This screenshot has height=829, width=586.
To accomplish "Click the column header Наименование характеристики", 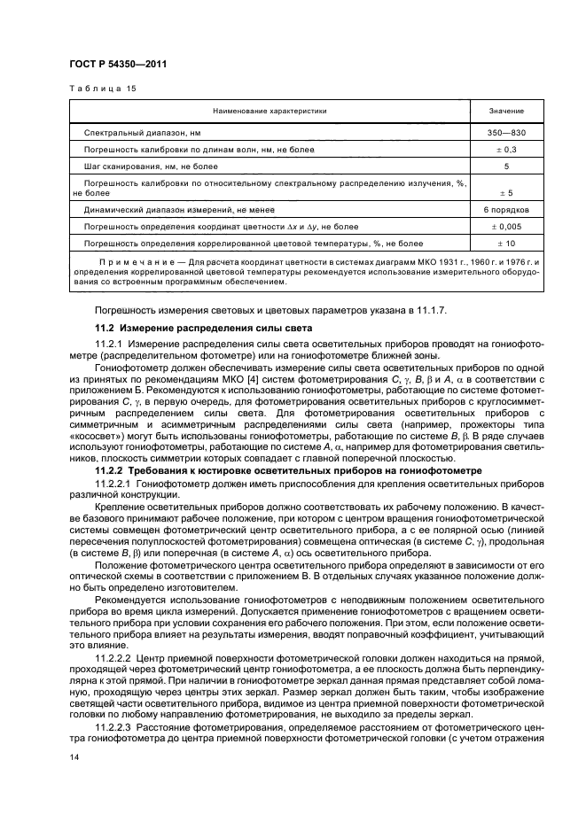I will [270, 112].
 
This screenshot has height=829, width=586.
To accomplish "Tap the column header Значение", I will [506, 112].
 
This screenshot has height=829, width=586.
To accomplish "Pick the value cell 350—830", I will [506, 132].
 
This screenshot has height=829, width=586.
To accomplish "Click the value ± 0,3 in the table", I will [506, 149].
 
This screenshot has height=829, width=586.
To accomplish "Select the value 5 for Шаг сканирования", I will [506, 166].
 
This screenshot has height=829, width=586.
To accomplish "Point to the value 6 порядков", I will [506, 210].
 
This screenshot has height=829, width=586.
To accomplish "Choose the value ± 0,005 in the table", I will [506, 227].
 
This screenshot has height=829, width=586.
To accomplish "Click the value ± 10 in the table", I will [506, 243].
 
